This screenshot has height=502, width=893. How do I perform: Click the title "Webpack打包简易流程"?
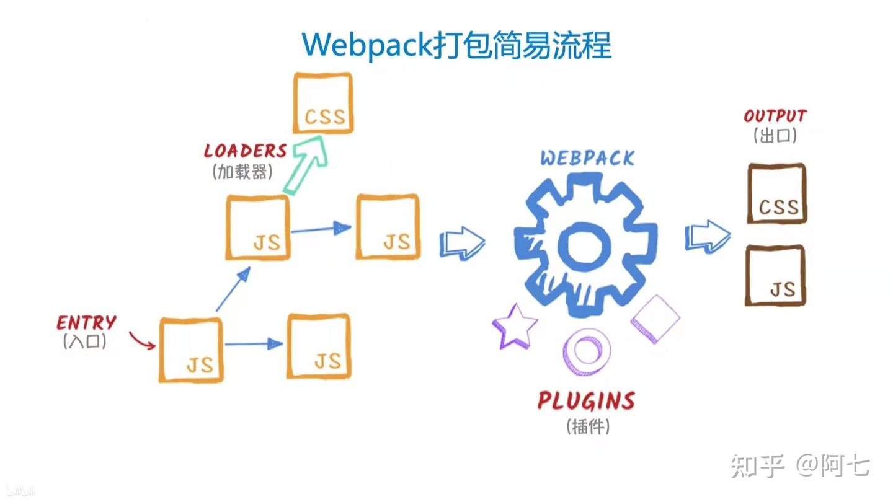point(456,45)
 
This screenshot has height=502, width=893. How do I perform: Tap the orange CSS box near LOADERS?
point(323,103)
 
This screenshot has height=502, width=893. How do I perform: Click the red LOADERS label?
point(246,151)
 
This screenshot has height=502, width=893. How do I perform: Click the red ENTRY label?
point(86,322)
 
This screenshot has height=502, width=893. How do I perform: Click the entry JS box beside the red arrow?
point(191,350)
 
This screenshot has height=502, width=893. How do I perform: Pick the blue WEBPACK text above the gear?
point(587,157)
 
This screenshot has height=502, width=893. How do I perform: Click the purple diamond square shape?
point(655,319)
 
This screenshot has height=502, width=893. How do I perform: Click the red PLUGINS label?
point(586,401)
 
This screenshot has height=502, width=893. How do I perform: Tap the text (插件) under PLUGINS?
point(587,426)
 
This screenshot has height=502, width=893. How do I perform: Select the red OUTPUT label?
point(775,116)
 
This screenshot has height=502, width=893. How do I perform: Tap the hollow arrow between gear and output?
point(707,236)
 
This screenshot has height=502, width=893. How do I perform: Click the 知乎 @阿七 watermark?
point(800,465)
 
